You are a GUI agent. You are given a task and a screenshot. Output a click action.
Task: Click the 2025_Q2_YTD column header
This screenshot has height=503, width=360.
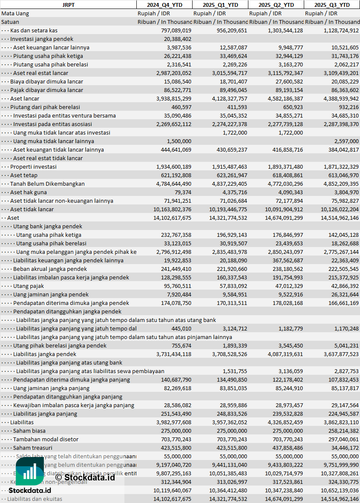(276, 5)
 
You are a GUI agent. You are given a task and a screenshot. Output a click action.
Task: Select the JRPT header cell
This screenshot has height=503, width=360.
(68, 5)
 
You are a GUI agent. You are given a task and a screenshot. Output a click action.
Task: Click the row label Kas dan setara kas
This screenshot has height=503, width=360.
(34, 30)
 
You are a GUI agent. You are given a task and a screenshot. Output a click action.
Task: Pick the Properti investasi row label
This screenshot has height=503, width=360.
(33, 167)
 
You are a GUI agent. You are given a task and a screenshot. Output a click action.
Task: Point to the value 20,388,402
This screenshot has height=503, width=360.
(178, 39)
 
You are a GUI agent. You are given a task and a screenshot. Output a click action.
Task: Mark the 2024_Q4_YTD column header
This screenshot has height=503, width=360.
(164, 5)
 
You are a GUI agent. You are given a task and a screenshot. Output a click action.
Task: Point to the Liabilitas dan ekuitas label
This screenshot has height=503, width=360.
(35, 499)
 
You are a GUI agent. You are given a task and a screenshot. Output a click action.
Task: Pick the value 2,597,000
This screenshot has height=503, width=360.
(346, 141)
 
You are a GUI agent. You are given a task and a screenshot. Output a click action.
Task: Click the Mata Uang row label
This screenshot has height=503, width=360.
(15, 13)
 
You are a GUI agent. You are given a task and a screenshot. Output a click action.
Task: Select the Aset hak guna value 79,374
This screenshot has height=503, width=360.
(182, 192)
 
